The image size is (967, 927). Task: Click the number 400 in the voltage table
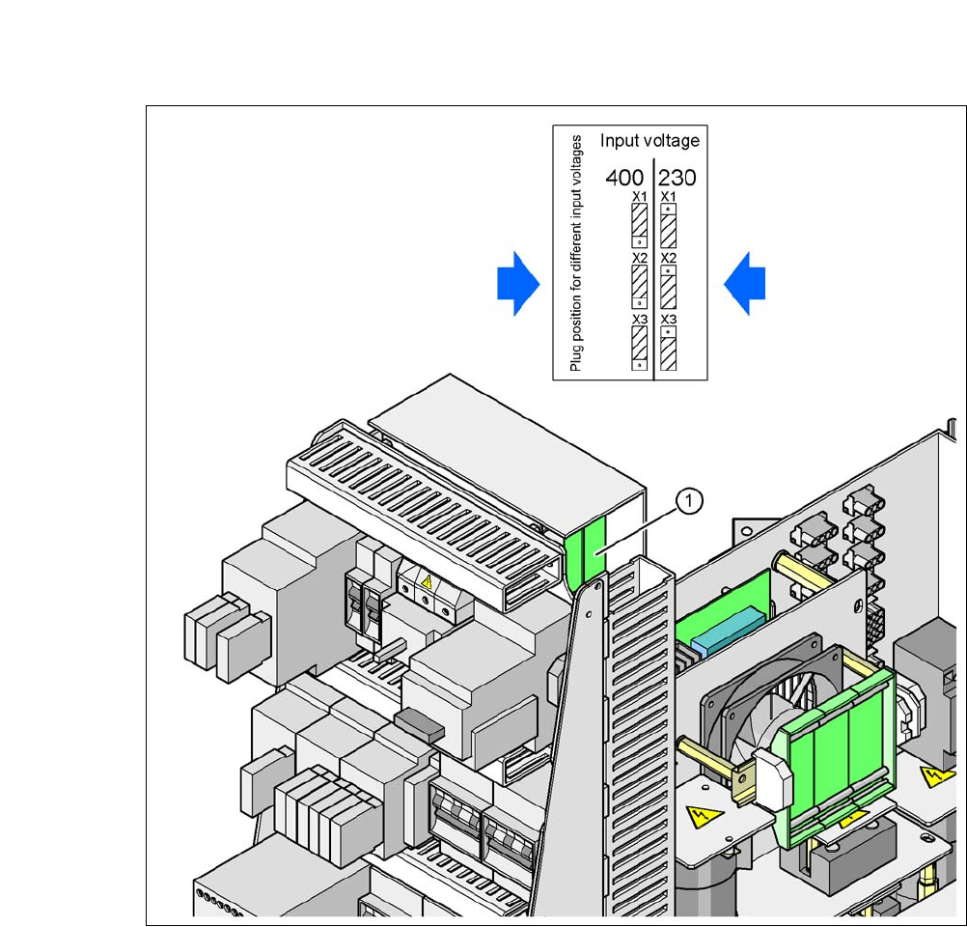[624, 177]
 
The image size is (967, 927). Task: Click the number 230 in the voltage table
[678, 177]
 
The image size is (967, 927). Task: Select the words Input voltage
[649, 141]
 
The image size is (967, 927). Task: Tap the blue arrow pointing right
[517, 284]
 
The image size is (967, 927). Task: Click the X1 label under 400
[639, 197]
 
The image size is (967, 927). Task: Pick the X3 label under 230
[668, 320]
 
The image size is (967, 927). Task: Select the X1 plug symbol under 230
[668, 225]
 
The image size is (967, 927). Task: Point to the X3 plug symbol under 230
[668, 349]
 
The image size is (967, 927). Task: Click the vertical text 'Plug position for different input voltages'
[576, 253]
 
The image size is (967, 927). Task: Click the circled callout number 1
[689, 500]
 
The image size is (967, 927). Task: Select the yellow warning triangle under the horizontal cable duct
[426, 582]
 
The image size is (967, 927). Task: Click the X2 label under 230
[668, 259]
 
